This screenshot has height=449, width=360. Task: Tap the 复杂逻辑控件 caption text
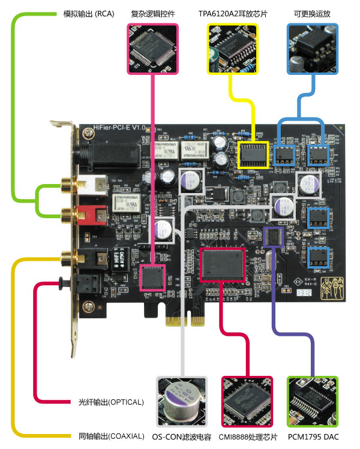point(153,13)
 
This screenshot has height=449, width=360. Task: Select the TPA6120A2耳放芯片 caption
point(233,13)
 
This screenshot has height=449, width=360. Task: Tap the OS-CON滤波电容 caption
point(182,436)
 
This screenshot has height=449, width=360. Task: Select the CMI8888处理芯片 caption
point(247,436)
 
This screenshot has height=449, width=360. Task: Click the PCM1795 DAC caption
point(313,436)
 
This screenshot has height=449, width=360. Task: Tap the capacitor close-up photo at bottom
point(182,402)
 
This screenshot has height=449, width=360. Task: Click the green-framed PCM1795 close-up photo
point(313,402)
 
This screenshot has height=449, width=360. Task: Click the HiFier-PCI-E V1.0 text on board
point(120,128)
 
